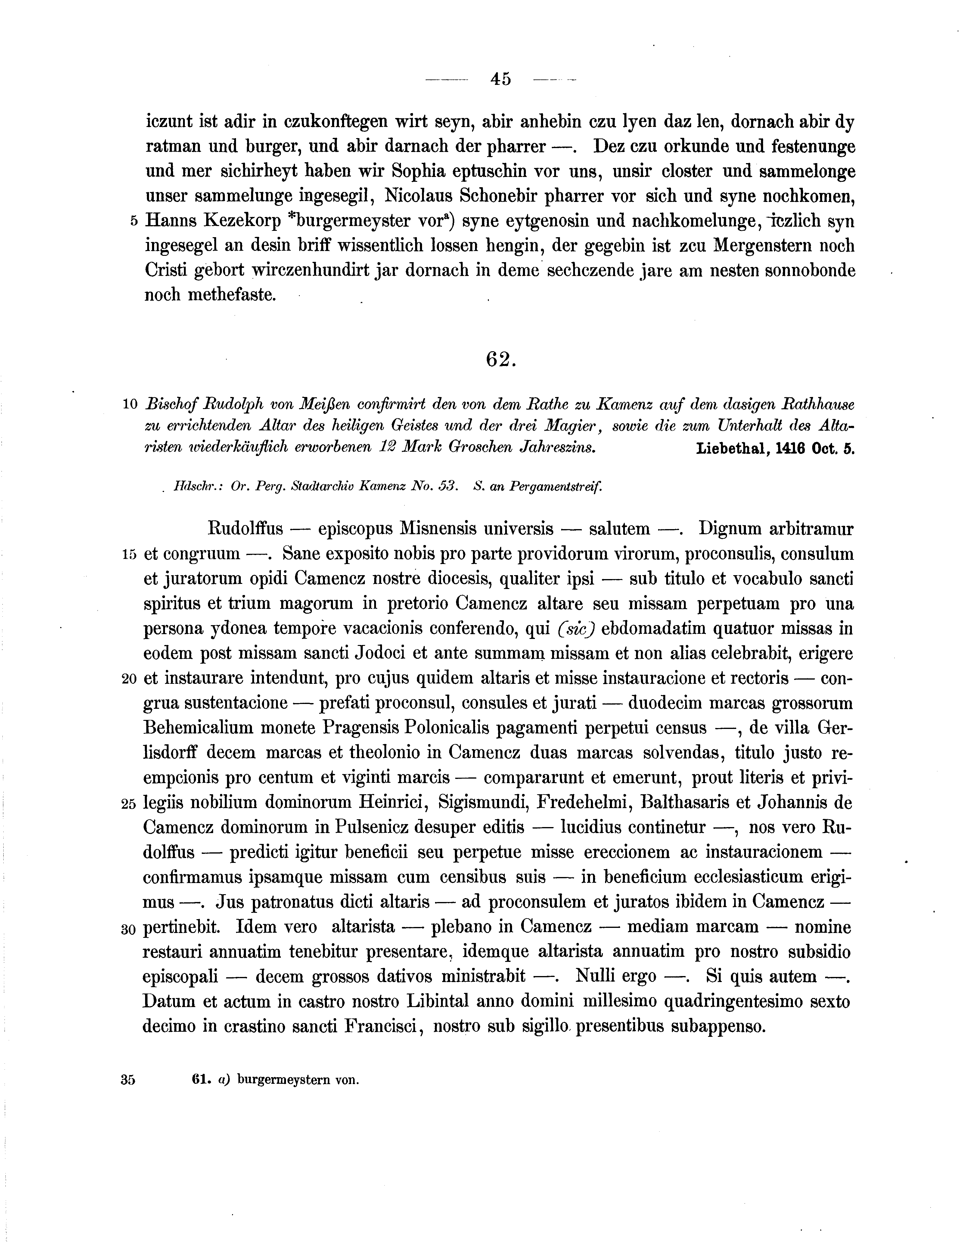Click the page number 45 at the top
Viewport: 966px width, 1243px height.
pyautogui.click(x=500, y=79)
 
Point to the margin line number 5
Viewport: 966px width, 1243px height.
pyautogui.click(x=134, y=222)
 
